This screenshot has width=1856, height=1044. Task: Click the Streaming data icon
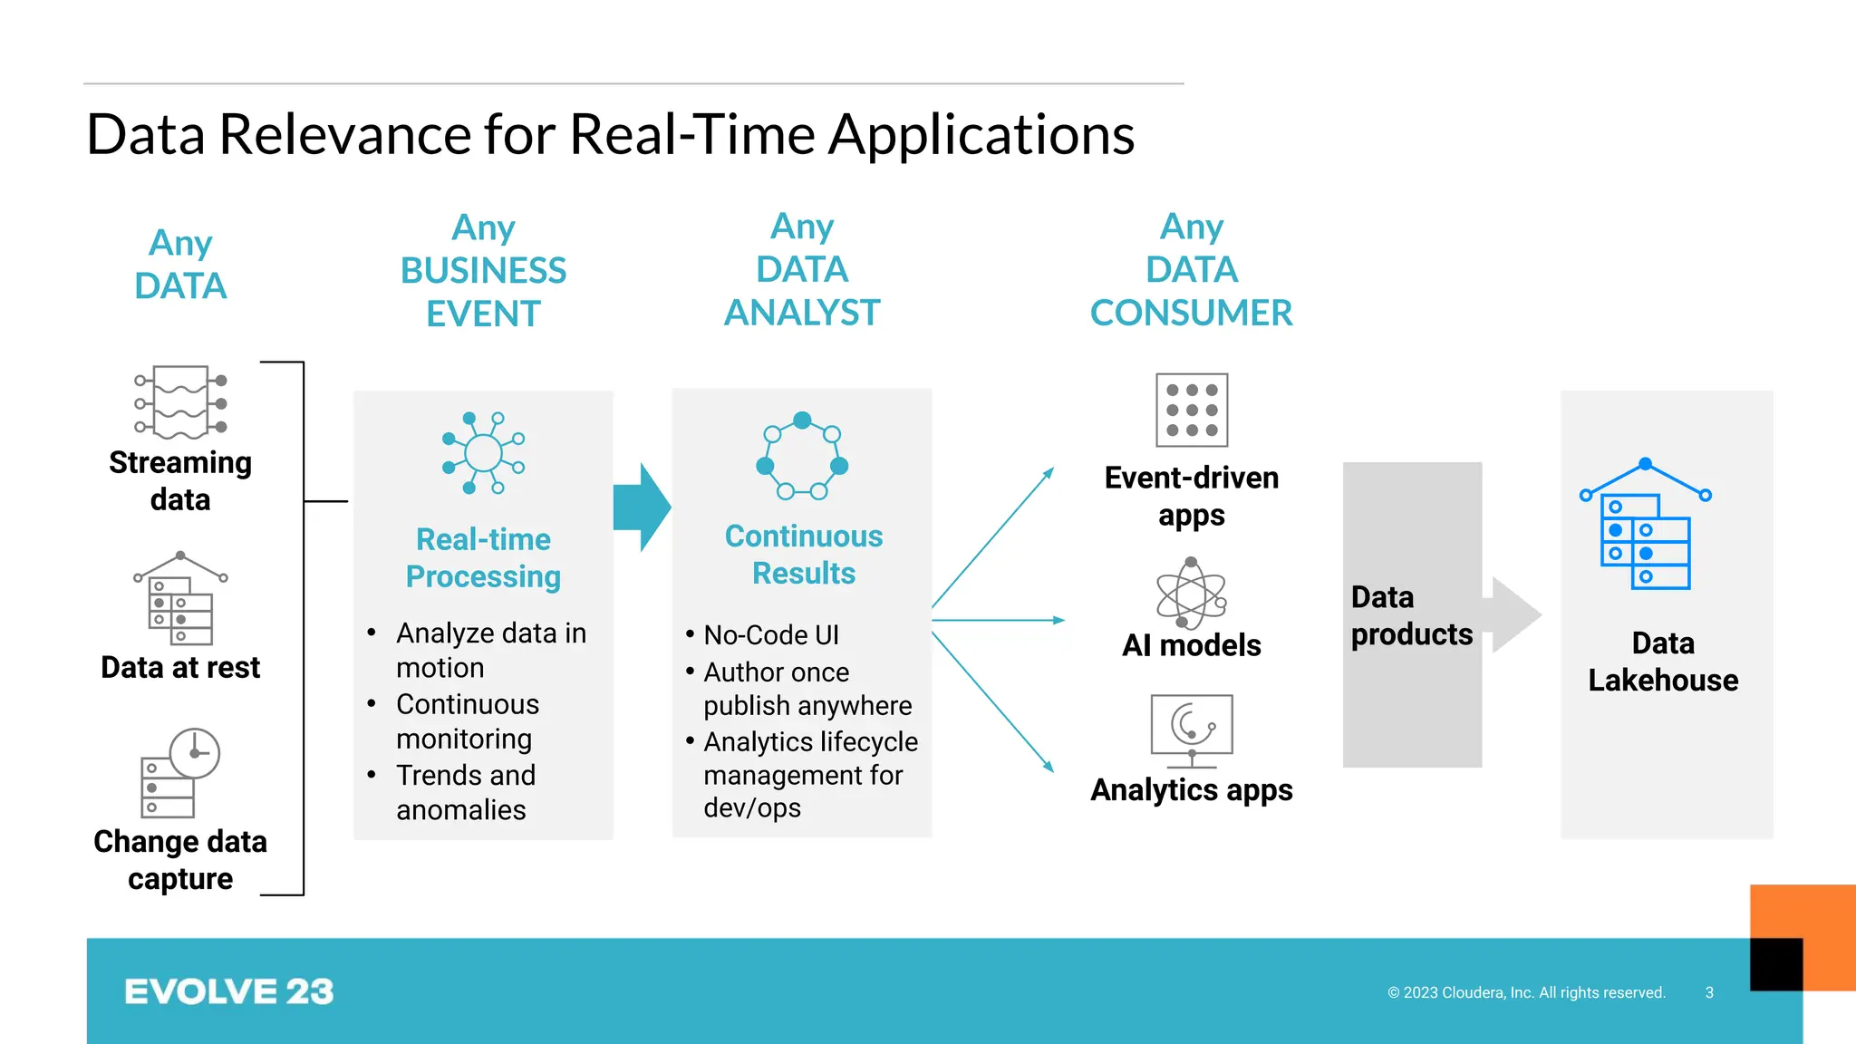point(180,402)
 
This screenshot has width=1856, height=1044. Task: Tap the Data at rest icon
point(180,599)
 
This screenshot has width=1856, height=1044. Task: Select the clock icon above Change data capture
point(194,753)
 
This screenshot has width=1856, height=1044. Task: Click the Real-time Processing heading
point(483,557)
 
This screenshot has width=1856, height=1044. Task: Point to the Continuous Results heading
point(803,554)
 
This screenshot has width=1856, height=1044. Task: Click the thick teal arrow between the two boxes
point(642,507)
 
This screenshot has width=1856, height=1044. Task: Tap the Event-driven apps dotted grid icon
point(1192,410)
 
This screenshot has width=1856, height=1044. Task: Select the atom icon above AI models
point(1191,594)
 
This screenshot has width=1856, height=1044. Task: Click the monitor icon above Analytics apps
point(1191,726)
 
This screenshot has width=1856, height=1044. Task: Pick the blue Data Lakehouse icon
point(1645,526)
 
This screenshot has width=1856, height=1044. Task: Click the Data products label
point(1411,615)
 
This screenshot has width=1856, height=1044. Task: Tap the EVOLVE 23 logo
point(228,991)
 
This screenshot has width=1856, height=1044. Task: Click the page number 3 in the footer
point(1709,992)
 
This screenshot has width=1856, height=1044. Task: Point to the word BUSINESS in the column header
point(483,270)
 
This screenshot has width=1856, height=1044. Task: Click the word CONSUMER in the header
point(1191,313)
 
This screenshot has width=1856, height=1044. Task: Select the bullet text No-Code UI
point(771,634)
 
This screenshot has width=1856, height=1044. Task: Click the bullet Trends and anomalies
point(465,792)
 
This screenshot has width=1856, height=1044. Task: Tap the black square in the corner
point(1775,964)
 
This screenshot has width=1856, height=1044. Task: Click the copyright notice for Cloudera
point(1526,992)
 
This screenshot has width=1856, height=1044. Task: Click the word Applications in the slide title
point(981,135)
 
